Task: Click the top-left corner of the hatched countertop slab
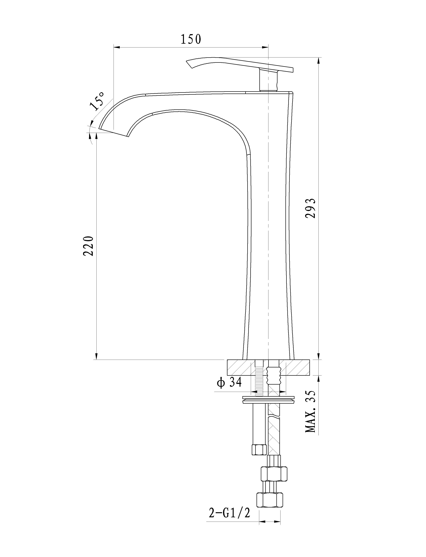point(227,360)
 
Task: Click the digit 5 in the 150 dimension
point(191,39)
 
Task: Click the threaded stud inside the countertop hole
point(259,379)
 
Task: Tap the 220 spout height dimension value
point(88,246)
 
